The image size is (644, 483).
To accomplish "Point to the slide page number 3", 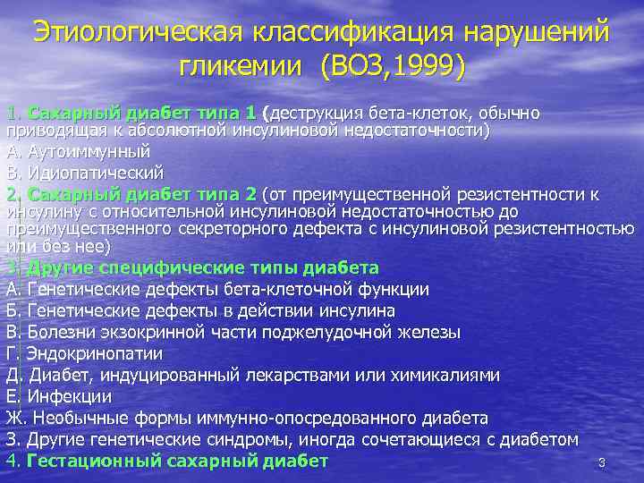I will pyautogui.click(x=602, y=463).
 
